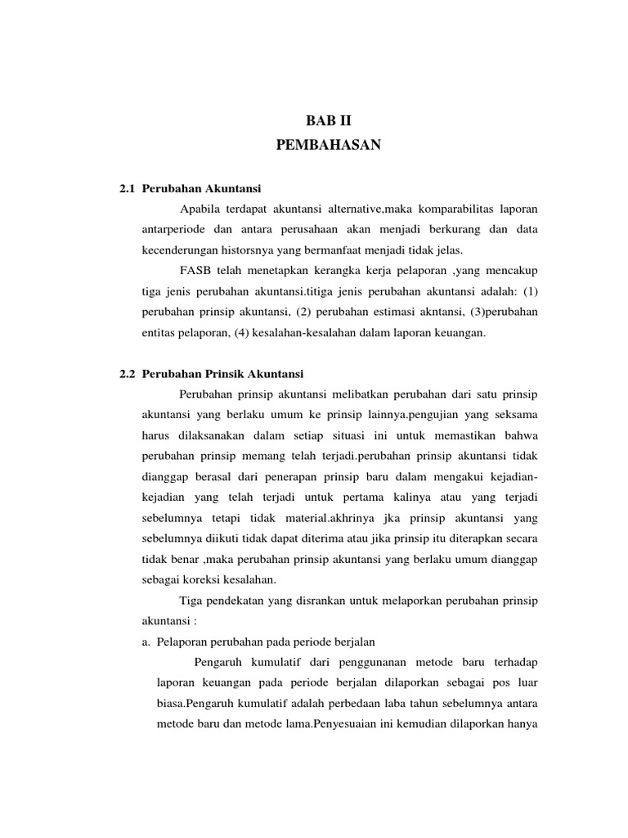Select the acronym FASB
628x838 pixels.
tap(193, 271)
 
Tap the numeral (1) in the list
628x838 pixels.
tap(530, 292)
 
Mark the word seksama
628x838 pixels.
tap(514, 415)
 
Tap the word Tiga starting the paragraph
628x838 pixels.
tap(192, 601)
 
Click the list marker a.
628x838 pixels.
tap(146, 641)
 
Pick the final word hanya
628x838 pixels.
tap(521, 723)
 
